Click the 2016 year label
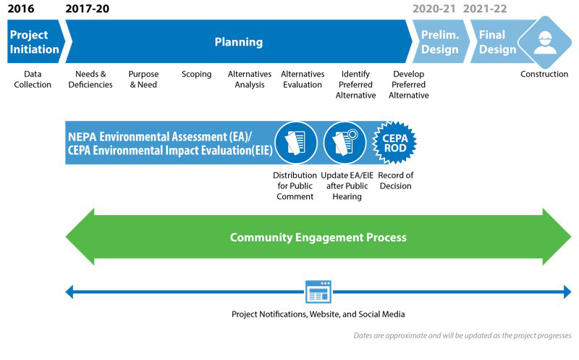tap(20, 9)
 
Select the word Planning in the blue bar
tap(239, 42)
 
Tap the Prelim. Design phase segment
tap(440, 42)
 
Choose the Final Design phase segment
tap(497, 42)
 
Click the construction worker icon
tap(544, 43)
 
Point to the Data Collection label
tap(38, 79)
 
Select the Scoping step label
tap(196, 74)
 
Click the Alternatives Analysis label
tap(250, 79)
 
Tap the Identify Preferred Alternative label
tap(355, 84)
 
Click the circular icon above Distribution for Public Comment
tap(295, 142)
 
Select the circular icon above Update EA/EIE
tap(345, 142)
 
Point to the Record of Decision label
tap(395, 180)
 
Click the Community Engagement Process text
tap(318, 237)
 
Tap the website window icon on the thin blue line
tap(318, 292)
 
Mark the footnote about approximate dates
tap(462, 335)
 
